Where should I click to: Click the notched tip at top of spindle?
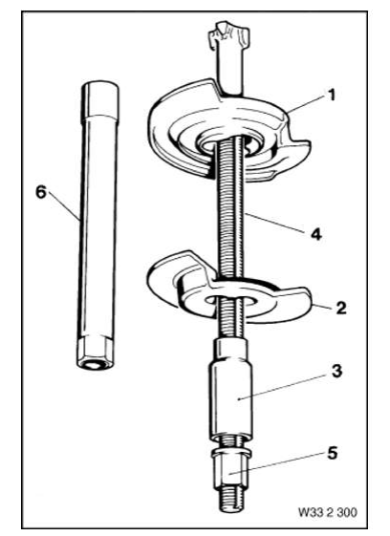(227, 43)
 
